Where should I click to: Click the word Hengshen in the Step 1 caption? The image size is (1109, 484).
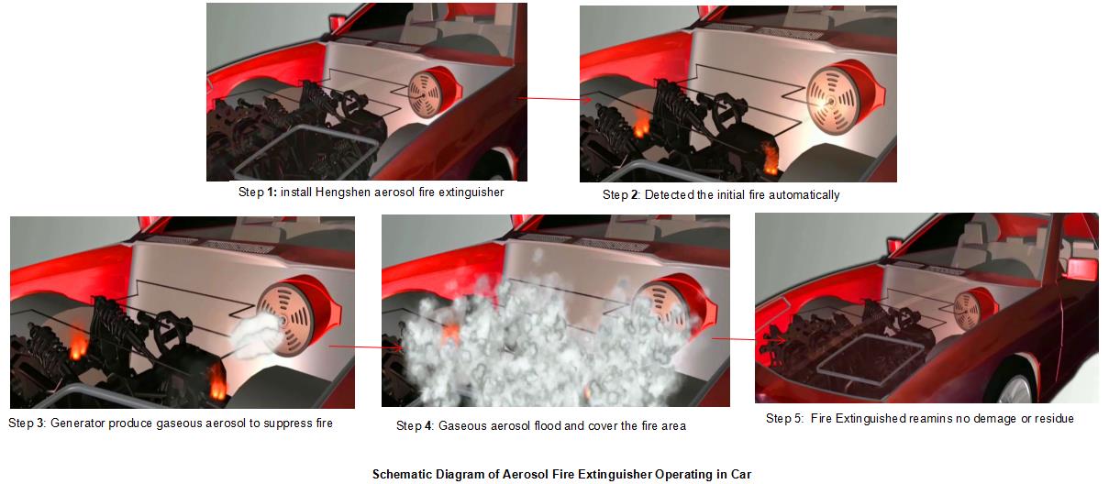coord(343,192)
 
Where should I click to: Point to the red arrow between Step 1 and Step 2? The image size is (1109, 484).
coord(554,99)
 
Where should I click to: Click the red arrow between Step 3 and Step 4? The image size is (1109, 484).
coord(366,346)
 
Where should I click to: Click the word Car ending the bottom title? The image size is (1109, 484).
coord(741,474)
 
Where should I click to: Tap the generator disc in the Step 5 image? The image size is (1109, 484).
coord(967,311)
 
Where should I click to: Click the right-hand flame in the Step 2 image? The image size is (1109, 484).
coord(770,159)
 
